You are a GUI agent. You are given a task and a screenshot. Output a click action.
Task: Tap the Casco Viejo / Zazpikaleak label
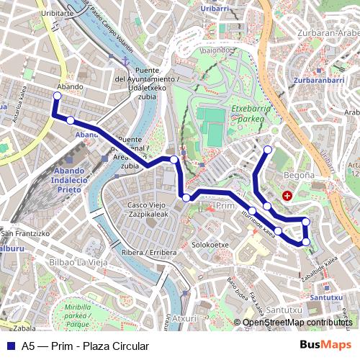(148, 210)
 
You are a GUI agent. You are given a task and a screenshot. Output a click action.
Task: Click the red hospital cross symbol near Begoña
(287, 195)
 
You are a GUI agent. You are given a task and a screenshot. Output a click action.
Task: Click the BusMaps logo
(325, 346)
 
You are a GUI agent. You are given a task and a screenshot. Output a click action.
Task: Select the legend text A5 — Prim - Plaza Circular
(85, 346)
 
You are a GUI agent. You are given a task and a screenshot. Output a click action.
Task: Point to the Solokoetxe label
(210, 245)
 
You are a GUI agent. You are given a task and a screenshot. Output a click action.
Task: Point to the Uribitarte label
(57, 13)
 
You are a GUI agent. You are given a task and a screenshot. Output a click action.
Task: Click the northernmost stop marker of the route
(268, 150)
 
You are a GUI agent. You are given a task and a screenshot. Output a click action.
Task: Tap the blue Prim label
(225, 206)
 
